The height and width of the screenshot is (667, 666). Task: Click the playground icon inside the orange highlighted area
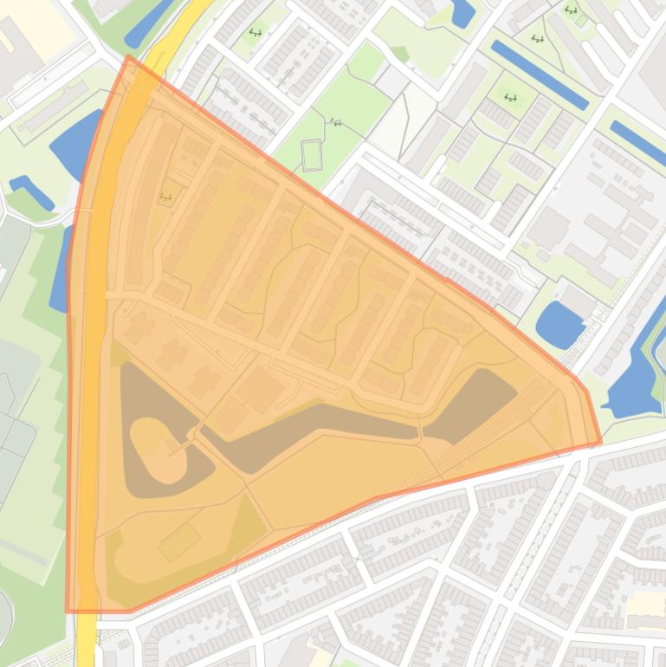165,197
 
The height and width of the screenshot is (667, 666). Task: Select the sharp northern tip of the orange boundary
128,57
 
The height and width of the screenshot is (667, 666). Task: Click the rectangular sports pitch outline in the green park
312,155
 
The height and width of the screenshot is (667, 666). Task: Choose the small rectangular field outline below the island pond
179,542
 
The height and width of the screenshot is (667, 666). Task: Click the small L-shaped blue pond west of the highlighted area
31,191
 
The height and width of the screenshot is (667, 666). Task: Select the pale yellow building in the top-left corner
39,26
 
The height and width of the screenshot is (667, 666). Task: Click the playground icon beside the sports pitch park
336,122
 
